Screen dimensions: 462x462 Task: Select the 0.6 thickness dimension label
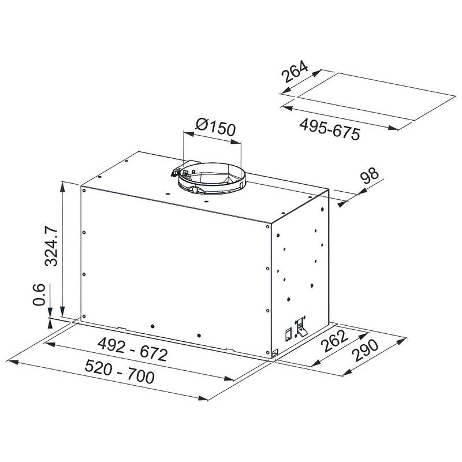(39, 295)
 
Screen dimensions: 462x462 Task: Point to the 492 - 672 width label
(133, 349)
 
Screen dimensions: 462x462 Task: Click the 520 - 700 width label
(120, 372)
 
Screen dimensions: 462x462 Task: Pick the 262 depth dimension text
(334, 341)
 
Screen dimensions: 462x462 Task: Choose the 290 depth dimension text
(366, 351)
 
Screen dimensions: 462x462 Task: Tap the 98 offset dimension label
(369, 176)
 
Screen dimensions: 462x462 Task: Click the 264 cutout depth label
(295, 72)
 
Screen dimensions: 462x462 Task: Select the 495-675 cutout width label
(330, 129)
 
